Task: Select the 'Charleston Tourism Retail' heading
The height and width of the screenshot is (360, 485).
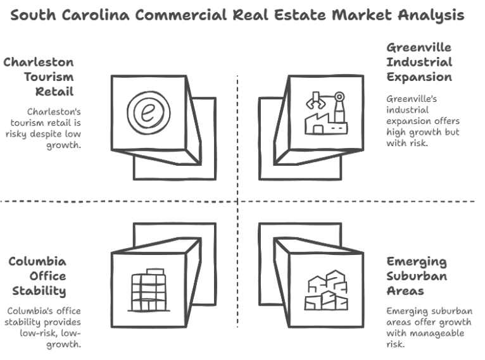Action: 39,77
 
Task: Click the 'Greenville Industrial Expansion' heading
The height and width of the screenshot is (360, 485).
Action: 419,63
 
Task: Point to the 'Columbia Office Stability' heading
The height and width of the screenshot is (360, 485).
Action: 37,276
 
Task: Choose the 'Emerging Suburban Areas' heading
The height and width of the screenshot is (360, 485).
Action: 417,276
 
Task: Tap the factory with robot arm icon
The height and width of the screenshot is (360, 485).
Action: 324,113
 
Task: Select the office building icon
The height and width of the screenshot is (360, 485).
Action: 148,289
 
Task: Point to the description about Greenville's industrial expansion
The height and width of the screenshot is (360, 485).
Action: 423,121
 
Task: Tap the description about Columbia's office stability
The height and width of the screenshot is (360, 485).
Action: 44,328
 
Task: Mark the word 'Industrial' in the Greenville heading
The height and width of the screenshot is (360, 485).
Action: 419,63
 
